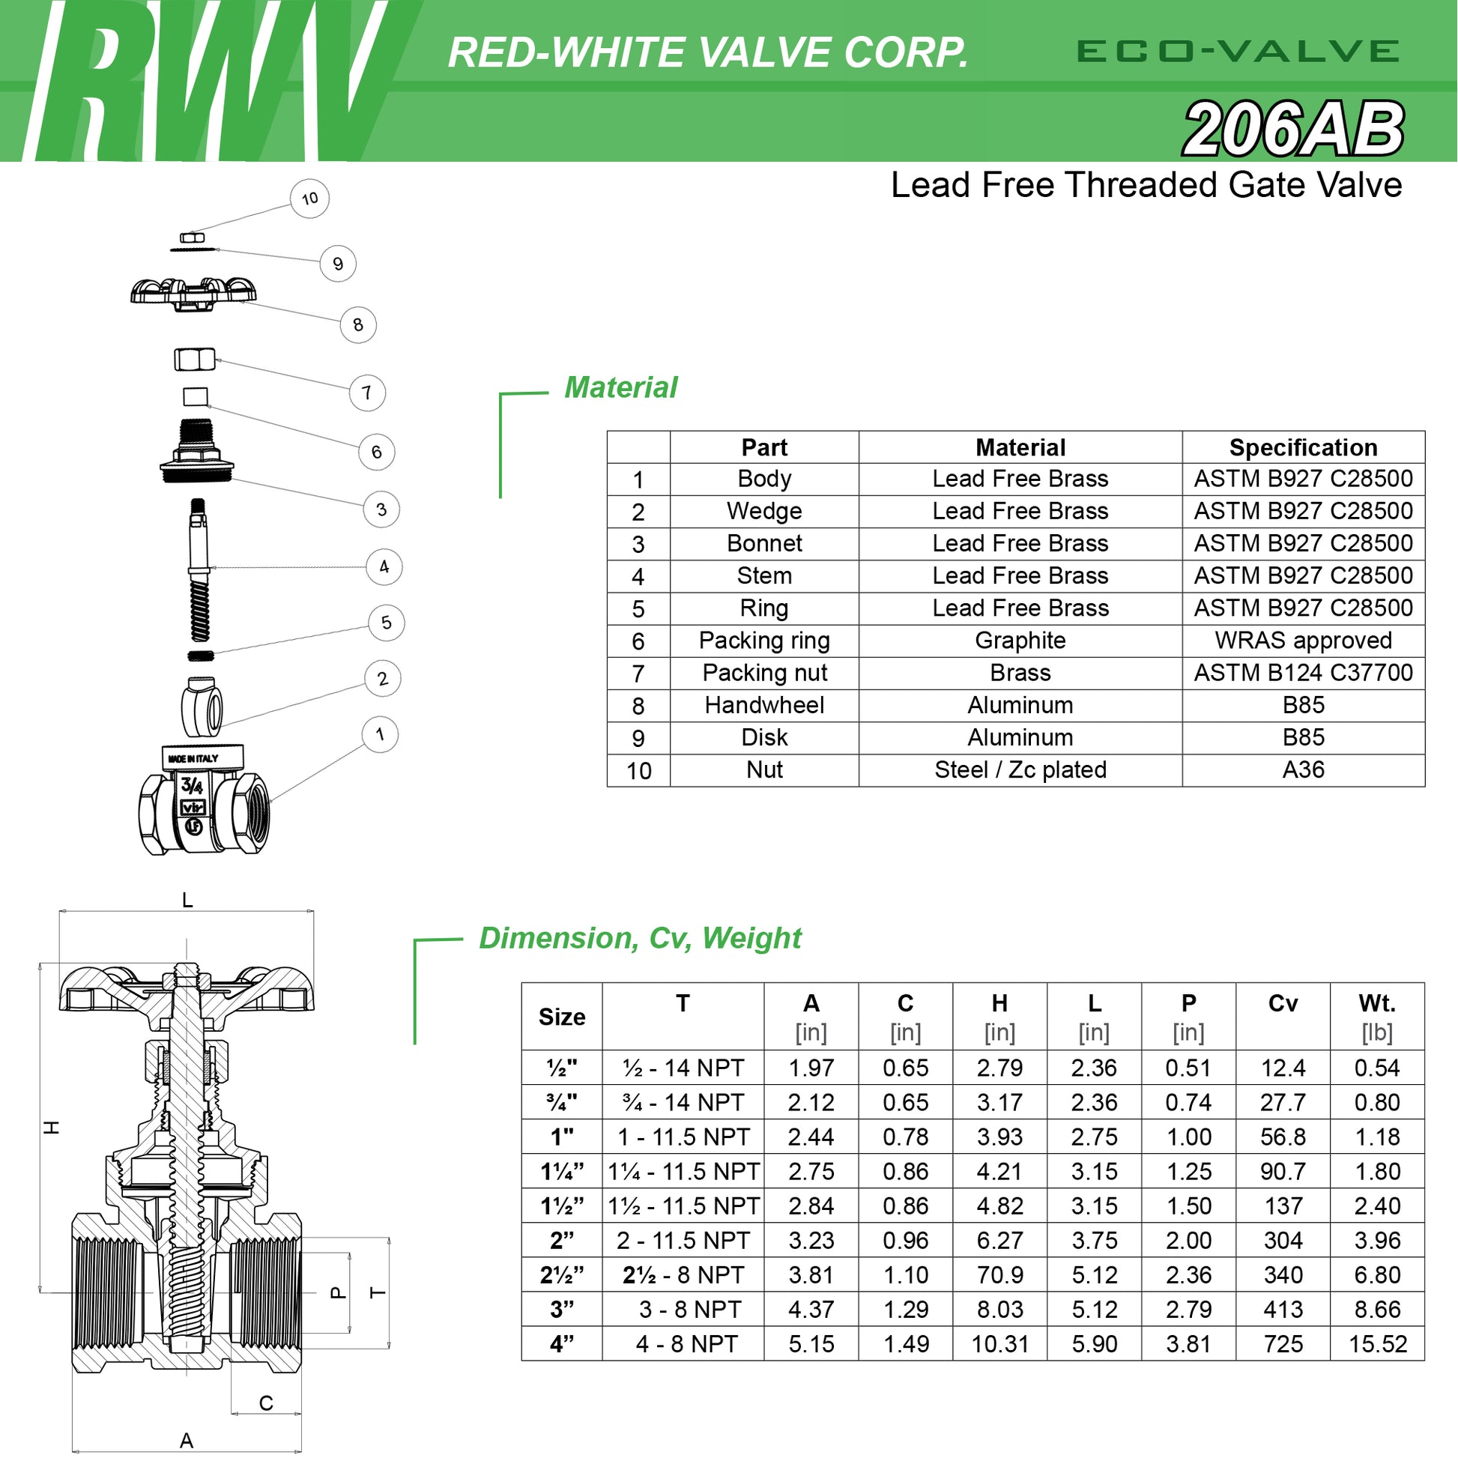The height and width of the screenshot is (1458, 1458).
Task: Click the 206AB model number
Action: (x=1293, y=129)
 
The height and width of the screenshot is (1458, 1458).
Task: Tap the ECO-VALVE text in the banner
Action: (x=1238, y=51)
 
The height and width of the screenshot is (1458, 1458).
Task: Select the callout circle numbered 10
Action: (x=309, y=199)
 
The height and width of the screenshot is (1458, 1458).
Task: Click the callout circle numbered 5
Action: (x=387, y=623)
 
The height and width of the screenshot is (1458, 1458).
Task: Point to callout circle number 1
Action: (x=380, y=734)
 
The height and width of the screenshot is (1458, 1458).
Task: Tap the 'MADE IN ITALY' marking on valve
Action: (x=193, y=758)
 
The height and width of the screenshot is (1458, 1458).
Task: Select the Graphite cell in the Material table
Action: (x=1020, y=641)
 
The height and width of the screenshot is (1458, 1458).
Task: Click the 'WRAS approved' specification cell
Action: (x=1304, y=641)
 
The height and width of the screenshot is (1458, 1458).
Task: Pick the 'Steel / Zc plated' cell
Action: (x=1020, y=769)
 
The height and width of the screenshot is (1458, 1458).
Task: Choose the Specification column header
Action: (x=1304, y=447)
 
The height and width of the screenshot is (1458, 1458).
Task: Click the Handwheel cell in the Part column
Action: (x=764, y=705)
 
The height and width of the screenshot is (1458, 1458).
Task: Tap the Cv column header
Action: (x=1283, y=1003)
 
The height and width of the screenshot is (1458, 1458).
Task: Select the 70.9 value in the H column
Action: (x=1000, y=1274)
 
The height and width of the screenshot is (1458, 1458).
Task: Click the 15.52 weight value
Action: (x=1378, y=1344)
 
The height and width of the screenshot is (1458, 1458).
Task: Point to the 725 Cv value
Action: (x=1283, y=1344)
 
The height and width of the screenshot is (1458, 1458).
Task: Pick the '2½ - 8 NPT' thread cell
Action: (x=683, y=1274)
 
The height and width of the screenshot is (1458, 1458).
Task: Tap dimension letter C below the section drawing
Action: (x=266, y=1403)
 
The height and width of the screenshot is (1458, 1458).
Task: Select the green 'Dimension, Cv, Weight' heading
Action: (x=640, y=938)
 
